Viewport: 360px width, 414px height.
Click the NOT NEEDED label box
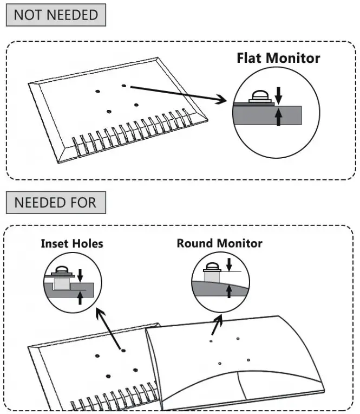point(55,15)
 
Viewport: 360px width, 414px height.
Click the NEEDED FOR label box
point(55,203)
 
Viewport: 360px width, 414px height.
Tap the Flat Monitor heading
point(278,58)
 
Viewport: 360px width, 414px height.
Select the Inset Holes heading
point(71,243)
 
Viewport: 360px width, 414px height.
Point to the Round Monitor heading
point(219,243)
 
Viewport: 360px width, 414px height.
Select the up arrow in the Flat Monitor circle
point(278,117)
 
